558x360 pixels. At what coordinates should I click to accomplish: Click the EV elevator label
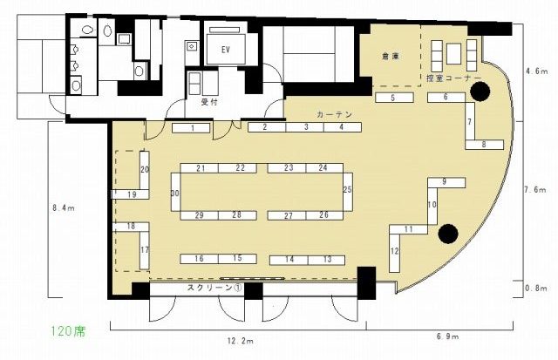(x=225, y=50)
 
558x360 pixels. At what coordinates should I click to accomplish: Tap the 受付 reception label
(x=209, y=102)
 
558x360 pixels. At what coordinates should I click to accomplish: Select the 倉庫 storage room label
(x=391, y=56)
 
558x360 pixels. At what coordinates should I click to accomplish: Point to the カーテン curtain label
(x=334, y=114)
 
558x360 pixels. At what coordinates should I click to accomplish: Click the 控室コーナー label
(x=453, y=78)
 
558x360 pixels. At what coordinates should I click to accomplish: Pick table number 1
(x=191, y=128)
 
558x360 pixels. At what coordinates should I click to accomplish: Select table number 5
(x=394, y=98)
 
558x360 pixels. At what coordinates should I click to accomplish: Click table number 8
(x=485, y=145)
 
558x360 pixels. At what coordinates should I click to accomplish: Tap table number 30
(x=176, y=192)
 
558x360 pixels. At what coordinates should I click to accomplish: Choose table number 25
(x=348, y=192)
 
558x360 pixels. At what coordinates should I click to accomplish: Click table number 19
(x=130, y=194)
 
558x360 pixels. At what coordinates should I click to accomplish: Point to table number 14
(x=289, y=260)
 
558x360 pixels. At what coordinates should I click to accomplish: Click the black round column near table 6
(x=480, y=92)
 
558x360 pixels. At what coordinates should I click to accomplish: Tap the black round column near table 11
(x=448, y=234)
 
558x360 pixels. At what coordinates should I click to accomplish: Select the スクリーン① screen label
(x=214, y=288)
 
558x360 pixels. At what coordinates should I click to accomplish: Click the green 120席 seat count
(x=68, y=331)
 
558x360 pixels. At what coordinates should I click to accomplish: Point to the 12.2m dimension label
(x=241, y=341)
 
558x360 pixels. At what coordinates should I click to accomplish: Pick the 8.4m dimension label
(x=64, y=208)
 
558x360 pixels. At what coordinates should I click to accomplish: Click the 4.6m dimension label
(x=537, y=71)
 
